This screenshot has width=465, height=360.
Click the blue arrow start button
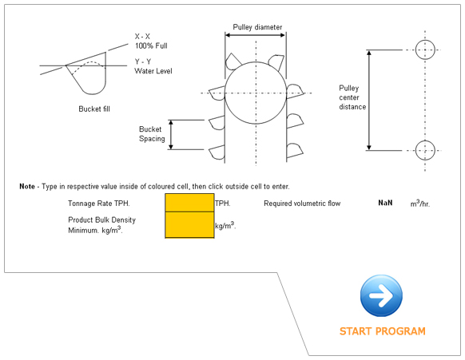[x=381, y=296]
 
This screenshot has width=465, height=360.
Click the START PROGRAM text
[x=382, y=331]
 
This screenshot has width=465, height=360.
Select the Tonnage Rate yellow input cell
[x=189, y=203]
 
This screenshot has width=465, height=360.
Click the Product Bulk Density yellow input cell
[x=189, y=224]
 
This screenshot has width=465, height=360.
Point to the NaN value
[x=385, y=204]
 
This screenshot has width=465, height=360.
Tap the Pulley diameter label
[x=257, y=27]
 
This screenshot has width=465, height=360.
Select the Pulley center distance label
[x=352, y=97]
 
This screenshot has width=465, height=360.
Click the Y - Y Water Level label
[x=153, y=66]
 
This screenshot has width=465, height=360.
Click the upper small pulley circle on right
[x=425, y=49]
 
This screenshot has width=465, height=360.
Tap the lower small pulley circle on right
[x=425, y=149]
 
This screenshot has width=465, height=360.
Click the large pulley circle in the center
[x=254, y=93]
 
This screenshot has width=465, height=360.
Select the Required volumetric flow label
[x=302, y=204]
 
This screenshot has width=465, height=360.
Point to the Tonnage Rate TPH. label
[x=99, y=204]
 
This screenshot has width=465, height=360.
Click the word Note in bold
[x=27, y=186]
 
